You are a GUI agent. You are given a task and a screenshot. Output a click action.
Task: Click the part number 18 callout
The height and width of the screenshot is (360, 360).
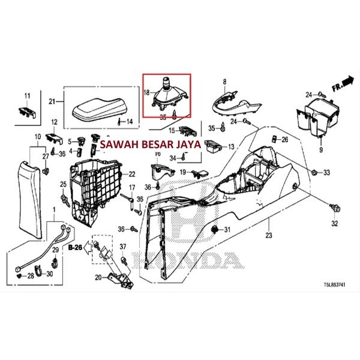146,92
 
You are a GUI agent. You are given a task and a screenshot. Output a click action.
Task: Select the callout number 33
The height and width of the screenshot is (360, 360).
326,173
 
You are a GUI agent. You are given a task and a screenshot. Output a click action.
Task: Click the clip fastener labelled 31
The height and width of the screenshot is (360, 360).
217,230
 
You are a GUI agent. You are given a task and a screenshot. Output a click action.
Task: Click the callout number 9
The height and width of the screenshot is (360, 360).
321,150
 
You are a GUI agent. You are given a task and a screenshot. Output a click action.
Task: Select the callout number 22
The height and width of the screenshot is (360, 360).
133,174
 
